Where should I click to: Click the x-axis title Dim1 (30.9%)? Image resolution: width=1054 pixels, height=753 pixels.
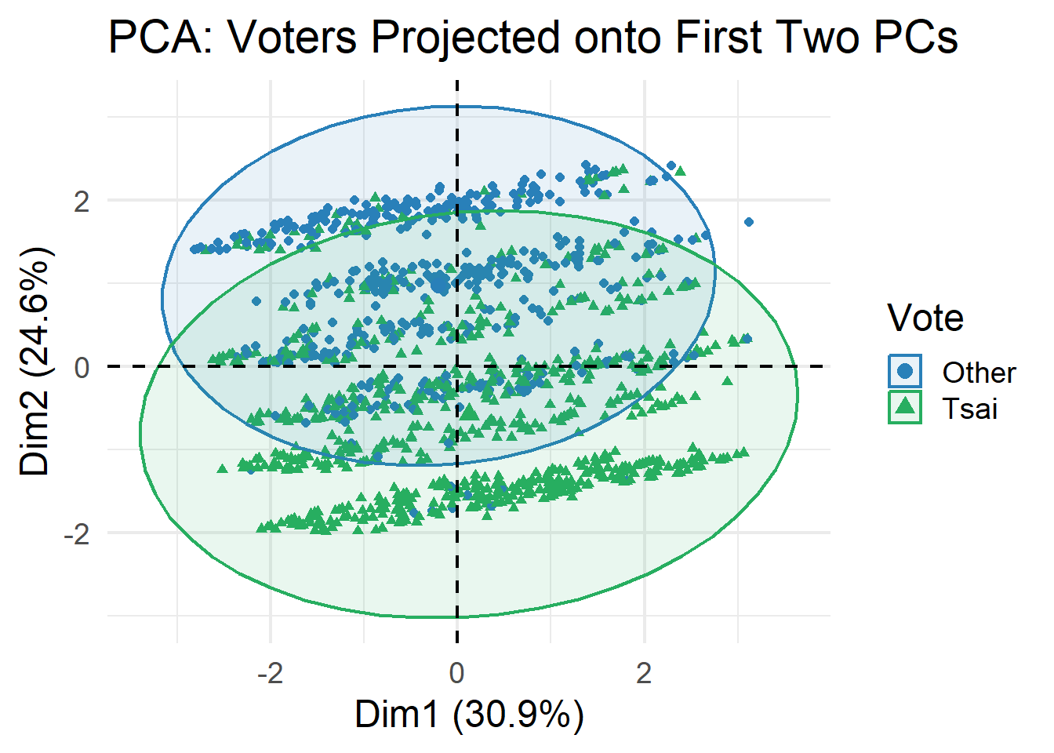469,715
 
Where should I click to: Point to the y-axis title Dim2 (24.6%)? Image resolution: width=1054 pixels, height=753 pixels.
35,361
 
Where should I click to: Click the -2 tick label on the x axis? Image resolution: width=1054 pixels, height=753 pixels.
271,673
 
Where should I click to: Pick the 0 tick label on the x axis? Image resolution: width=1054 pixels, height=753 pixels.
456,673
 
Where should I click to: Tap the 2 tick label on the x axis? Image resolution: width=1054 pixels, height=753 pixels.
644,673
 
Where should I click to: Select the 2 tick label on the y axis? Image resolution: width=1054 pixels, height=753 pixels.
82,201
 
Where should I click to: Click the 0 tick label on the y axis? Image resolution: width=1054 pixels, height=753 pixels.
82,367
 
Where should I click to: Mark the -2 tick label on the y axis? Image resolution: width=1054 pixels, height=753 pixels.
77,534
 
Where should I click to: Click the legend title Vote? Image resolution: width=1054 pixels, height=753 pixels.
925,318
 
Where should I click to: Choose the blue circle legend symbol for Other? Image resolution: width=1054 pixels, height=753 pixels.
905,371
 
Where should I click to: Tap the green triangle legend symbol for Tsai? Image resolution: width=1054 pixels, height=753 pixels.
905,407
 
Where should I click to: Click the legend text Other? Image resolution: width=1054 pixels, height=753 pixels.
979,373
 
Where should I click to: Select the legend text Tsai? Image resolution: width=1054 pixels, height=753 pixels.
970,409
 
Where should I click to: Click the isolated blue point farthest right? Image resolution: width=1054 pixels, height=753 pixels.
749,222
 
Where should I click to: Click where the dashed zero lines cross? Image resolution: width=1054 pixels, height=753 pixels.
457,366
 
